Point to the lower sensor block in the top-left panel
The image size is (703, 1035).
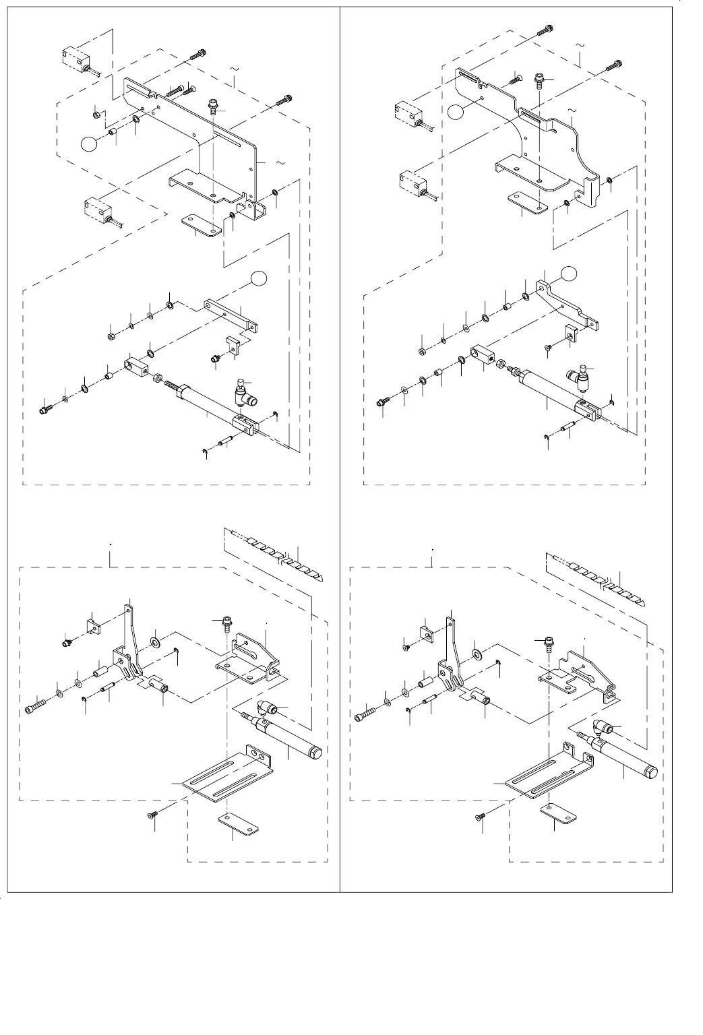98,209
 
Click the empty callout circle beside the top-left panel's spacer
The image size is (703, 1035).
88,144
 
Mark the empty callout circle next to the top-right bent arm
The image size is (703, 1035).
570,272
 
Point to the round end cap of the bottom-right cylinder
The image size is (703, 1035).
652,769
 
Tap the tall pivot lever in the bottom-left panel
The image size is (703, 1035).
131,640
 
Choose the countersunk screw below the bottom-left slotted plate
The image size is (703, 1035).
153,816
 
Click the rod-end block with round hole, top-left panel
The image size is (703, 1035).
135,366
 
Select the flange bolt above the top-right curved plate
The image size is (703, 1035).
541,80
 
